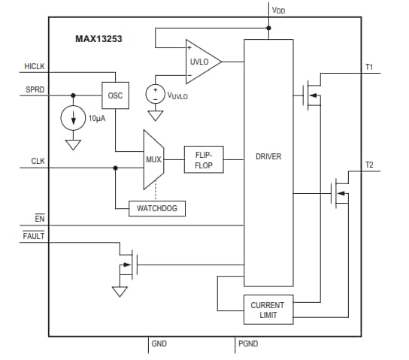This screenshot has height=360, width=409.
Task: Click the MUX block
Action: tap(153, 159)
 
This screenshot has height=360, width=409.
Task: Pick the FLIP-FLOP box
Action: tap(204, 159)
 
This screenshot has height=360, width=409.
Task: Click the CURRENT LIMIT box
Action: tap(268, 310)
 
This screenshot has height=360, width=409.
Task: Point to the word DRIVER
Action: tap(268, 157)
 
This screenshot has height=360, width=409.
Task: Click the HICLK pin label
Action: tap(35, 67)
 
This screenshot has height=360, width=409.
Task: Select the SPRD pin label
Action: tap(35, 89)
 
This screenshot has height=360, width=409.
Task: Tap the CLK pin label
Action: tap(38, 161)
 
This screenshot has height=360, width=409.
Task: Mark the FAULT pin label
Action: tap(35, 236)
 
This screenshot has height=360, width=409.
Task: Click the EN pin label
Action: tap(40, 219)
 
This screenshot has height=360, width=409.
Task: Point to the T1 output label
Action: tap(369, 68)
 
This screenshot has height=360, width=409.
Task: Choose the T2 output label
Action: tap(369, 164)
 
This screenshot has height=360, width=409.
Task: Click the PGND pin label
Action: tap(248, 343)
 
